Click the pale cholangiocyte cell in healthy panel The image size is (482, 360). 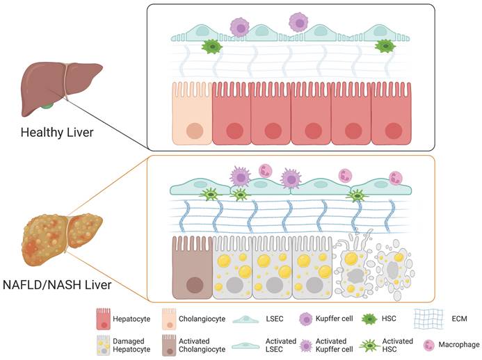tap(192, 115)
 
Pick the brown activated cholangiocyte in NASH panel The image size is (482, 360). tap(191, 267)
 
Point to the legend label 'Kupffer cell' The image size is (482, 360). tap(337, 319)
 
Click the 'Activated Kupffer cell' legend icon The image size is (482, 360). tap(306, 345)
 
